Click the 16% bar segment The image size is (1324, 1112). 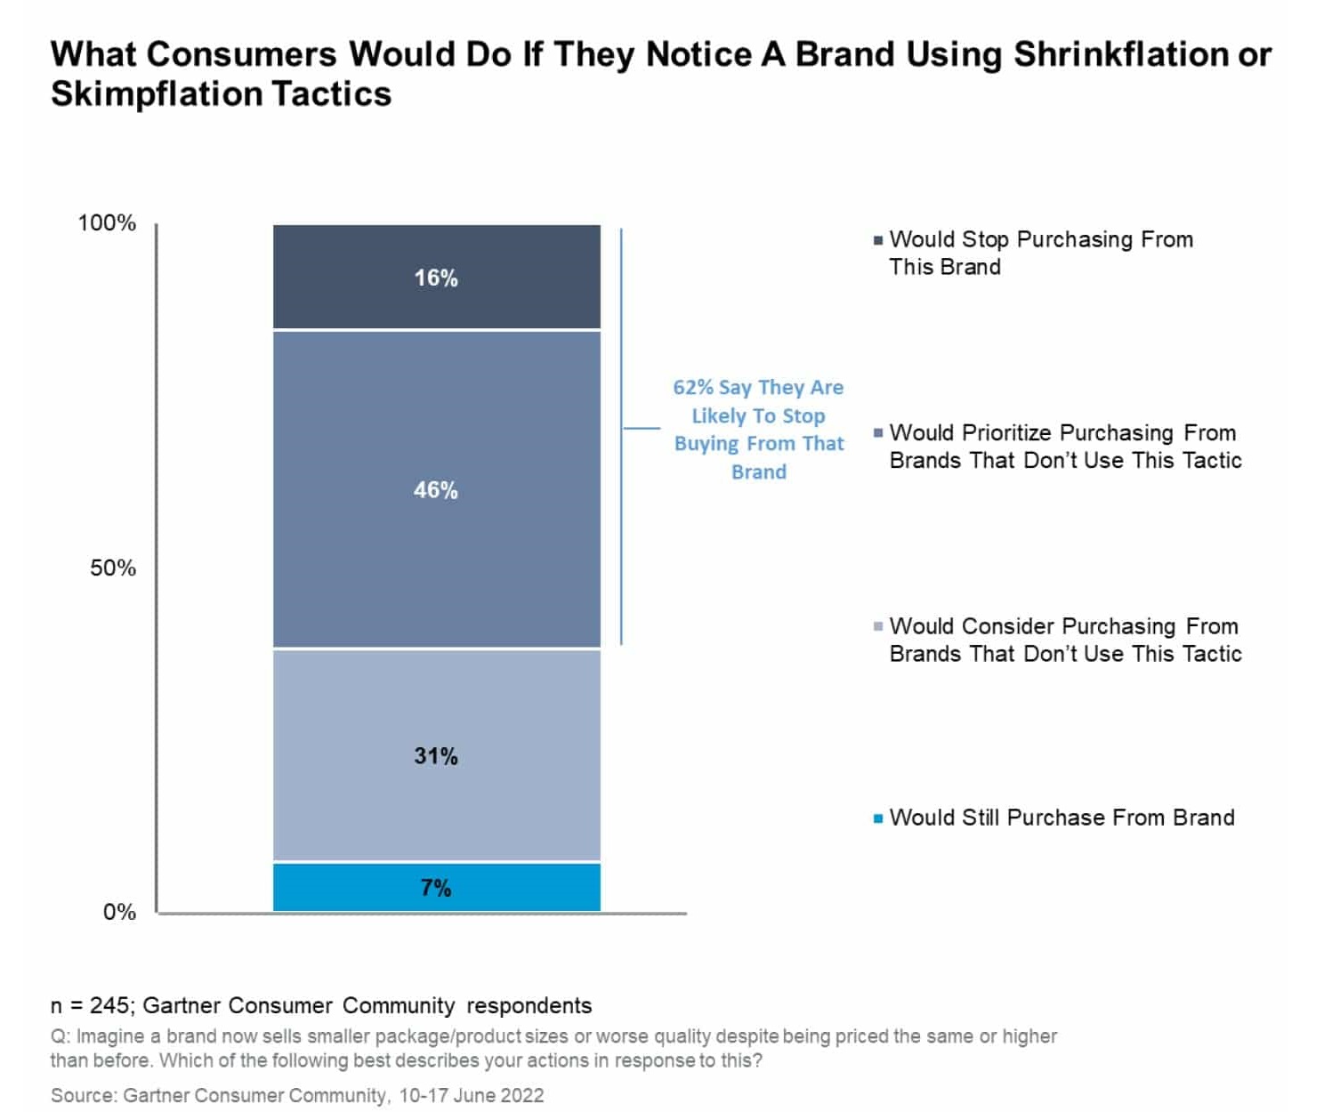pyautogui.click(x=436, y=277)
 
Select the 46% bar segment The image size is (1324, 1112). pyautogui.click(x=436, y=488)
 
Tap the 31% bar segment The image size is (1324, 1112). pyautogui.click(x=436, y=755)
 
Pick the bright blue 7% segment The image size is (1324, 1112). pyautogui.click(x=436, y=887)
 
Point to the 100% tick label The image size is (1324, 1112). pyautogui.click(x=107, y=222)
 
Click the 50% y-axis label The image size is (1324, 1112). pyautogui.click(x=113, y=568)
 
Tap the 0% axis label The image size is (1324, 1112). pyautogui.click(x=119, y=912)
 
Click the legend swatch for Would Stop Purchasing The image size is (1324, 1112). pyautogui.click(x=878, y=240)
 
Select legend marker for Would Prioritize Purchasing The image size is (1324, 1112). pyautogui.click(x=878, y=433)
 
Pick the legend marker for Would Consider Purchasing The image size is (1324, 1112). pyautogui.click(x=878, y=627)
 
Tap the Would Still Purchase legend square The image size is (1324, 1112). pyautogui.click(x=878, y=818)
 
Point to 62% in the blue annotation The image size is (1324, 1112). pyautogui.click(x=693, y=387)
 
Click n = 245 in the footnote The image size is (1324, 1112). pyautogui.click(x=91, y=1005)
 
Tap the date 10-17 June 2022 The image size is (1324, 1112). pyautogui.click(x=471, y=1095)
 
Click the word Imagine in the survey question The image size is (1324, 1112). pyautogui.click(x=106, y=1036)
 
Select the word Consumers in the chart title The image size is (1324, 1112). pyautogui.click(x=240, y=54)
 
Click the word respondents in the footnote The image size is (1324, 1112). pyautogui.click(x=529, y=1005)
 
